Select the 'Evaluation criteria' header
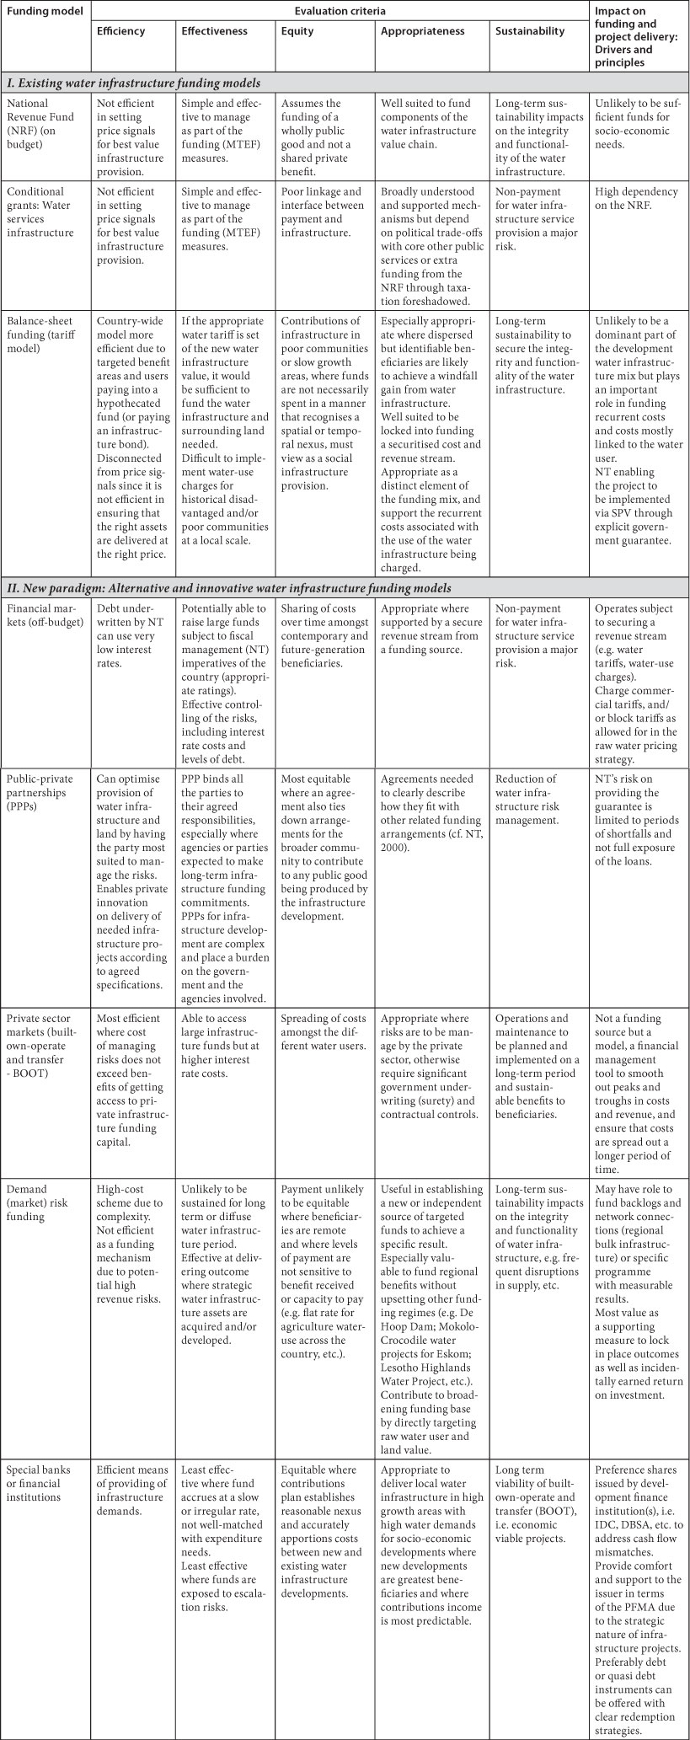[340, 11]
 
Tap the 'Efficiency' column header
[120, 31]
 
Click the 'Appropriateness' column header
[422, 31]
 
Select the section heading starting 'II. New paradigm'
[227, 587]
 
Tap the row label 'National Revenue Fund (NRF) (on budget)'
[44, 118]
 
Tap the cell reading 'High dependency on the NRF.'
[637, 199]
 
